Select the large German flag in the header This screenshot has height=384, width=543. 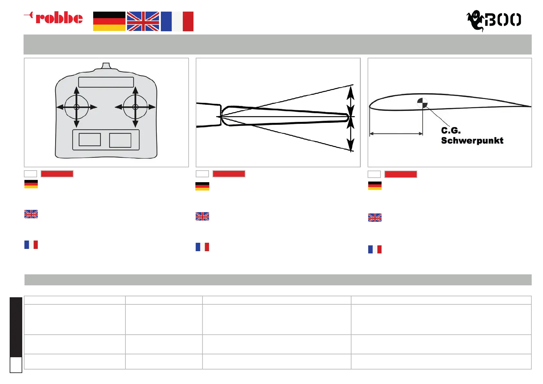pos(109,21)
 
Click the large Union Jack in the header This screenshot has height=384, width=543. pos(143,21)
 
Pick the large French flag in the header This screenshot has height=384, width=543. pos(177,21)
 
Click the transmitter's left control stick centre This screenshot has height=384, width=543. pos(76,107)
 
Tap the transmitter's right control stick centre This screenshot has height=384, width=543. pos(135,107)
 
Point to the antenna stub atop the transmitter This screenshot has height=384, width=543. pos(106,66)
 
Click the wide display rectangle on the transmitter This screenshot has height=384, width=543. pos(106,82)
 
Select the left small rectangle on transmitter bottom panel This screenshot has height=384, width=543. pos(90,140)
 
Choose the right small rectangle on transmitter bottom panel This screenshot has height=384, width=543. pos(120,140)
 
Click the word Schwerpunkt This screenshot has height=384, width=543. pos(472,141)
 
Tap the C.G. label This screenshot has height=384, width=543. pos(451,131)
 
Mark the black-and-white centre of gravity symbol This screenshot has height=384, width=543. pos(422,103)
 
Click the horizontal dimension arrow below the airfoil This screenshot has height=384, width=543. pos(396,133)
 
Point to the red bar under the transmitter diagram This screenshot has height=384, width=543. pos(57,174)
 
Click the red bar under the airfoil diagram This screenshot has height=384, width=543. pos(401,174)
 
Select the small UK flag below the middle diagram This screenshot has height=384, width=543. pos(202,216)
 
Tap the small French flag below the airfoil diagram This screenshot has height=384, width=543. pos(375,249)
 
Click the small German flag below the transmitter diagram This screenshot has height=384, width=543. pos(31,184)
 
